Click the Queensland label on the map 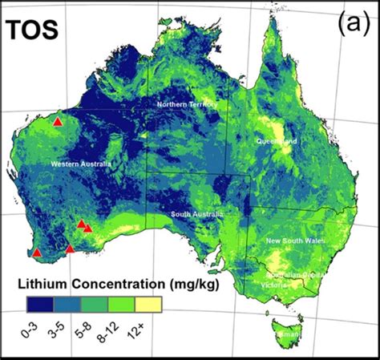pyautogui.click(x=277, y=141)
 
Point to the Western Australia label pyautogui.click(x=80, y=164)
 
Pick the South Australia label pyautogui.click(x=196, y=215)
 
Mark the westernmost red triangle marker pyautogui.click(x=36, y=253)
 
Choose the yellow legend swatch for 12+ pyautogui.click(x=149, y=303)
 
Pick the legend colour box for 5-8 pyautogui.click(x=93, y=303)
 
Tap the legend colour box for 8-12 pyautogui.click(x=121, y=303)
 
